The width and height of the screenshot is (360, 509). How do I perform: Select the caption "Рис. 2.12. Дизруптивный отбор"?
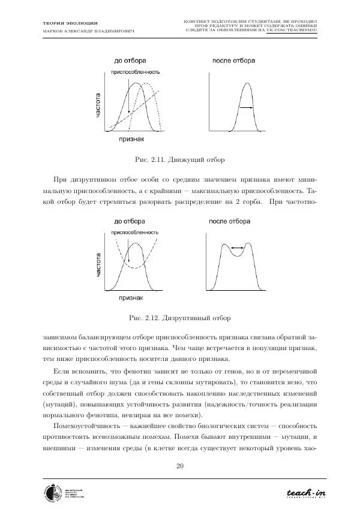179,317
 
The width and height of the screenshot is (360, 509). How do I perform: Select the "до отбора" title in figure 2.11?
130,61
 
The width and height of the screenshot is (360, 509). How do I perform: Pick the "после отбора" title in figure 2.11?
233,61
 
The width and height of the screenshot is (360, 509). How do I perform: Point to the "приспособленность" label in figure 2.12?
135,233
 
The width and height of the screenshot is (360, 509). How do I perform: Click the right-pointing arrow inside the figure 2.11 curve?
245,108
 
